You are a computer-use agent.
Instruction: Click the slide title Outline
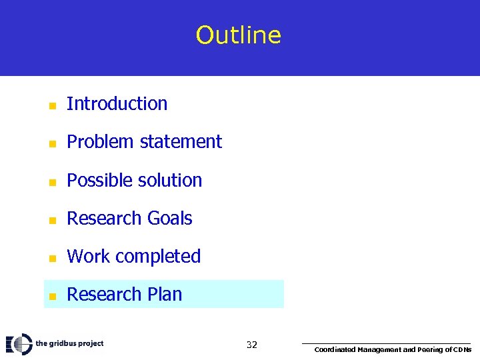(x=239, y=35)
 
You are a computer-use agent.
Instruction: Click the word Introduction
(x=117, y=104)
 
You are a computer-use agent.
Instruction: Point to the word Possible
(x=98, y=180)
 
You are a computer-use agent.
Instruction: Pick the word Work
(x=85, y=257)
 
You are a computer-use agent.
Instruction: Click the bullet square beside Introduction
(x=51, y=105)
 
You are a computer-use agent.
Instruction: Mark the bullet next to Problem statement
(x=51, y=143)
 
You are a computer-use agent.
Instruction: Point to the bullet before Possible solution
(x=51, y=181)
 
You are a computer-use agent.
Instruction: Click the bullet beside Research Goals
(x=51, y=219)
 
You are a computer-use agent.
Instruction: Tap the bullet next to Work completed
(x=51, y=257)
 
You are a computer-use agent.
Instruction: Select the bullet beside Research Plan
(x=51, y=295)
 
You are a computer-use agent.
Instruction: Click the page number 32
(x=251, y=345)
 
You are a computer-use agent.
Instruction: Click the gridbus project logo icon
(x=19, y=344)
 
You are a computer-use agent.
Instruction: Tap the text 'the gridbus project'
(x=69, y=344)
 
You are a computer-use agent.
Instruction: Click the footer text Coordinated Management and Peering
(x=392, y=349)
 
